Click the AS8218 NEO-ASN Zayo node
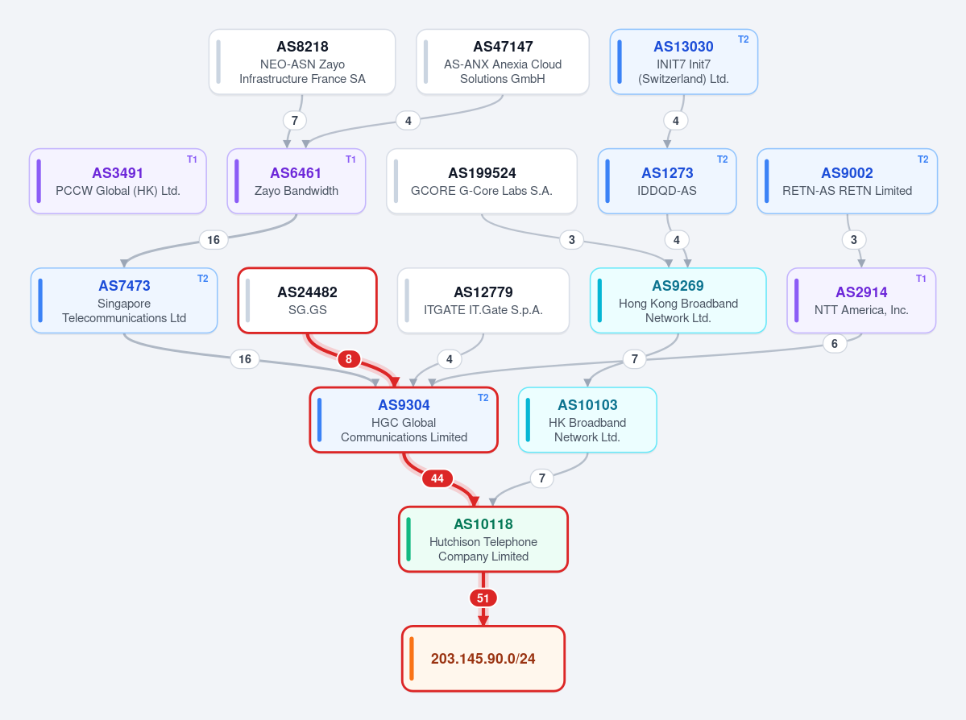[302, 62]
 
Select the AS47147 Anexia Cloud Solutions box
[503, 62]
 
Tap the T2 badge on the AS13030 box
[744, 39]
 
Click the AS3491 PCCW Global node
[118, 181]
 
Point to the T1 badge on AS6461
[350, 159]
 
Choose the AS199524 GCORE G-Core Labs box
[482, 181]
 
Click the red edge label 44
[437, 478]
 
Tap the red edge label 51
[483, 598]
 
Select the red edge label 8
[349, 359]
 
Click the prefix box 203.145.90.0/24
[483, 659]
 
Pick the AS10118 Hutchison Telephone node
[483, 540]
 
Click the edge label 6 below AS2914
[835, 344]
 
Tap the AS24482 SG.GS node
[308, 300]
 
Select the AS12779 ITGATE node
[483, 300]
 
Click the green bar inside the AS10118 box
[408, 540]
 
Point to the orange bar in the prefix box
[412, 659]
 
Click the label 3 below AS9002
[854, 239]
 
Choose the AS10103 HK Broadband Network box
[587, 420]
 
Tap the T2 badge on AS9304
[483, 398]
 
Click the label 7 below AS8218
[295, 121]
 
